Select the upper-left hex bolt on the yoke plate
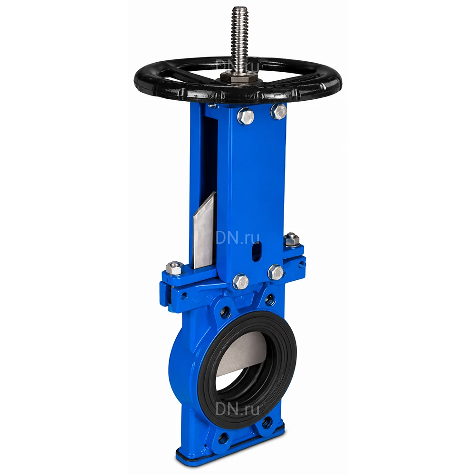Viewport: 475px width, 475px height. click(x=246, y=116)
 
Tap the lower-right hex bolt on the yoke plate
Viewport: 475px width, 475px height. click(x=275, y=272)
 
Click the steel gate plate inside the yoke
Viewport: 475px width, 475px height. click(x=204, y=230)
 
